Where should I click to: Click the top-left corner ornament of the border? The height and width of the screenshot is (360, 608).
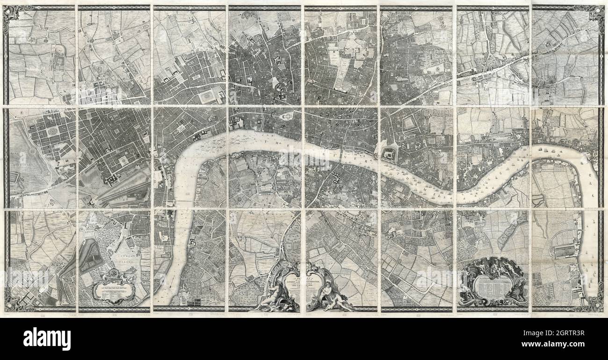tap(12, 14)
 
